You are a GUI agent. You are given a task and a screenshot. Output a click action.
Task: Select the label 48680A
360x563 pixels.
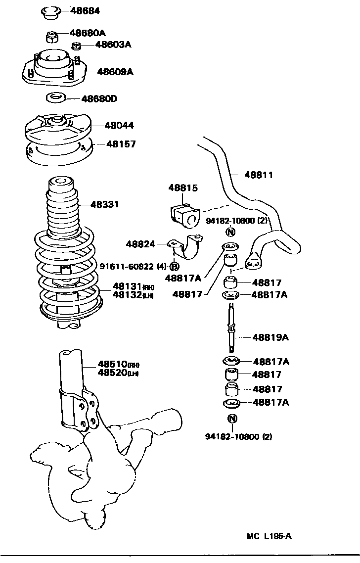coord(88,33)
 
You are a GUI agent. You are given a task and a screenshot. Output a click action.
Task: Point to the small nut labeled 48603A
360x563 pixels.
coord(76,47)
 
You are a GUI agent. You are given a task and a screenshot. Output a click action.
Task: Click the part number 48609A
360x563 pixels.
coord(115,72)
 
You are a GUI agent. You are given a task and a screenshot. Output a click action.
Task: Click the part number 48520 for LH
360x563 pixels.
coord(113,373)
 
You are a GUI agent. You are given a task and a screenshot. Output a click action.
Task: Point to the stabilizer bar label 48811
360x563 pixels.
coord(258,175)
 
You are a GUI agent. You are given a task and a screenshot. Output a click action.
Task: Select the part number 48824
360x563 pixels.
coord(140,244)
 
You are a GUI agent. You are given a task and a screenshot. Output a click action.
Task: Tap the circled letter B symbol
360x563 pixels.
coord(175,266)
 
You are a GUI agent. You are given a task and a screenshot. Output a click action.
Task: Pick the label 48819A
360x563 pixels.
coord(270,337)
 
